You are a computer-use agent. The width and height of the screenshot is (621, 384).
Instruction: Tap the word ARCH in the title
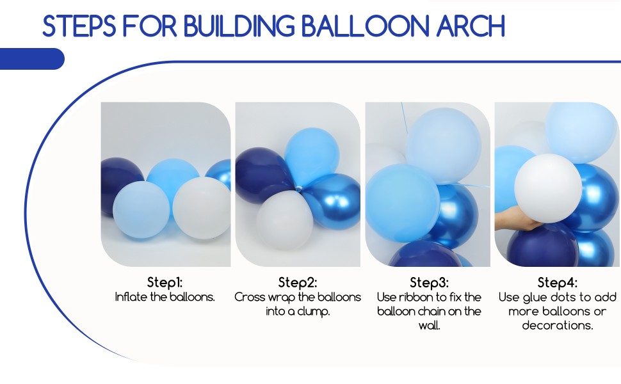(471, 26)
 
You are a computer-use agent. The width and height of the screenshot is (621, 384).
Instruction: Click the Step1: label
(165, 282)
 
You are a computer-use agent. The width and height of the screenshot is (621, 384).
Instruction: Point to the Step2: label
(298, 282)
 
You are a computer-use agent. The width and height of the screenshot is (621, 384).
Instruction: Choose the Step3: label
(429, 282)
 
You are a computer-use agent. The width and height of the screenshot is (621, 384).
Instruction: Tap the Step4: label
(558, 282)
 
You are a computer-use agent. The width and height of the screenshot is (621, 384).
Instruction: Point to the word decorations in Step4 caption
(556, 326)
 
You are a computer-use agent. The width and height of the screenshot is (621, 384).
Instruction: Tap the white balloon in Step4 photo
(547, 189)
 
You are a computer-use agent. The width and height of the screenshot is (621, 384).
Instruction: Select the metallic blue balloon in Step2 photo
(333, 198)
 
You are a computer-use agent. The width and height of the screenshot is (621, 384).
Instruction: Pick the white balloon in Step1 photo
(200, 207)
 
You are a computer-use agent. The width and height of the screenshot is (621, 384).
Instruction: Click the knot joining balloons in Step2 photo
(298, 187)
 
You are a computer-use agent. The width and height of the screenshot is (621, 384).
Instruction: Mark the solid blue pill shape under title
(32, 59)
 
